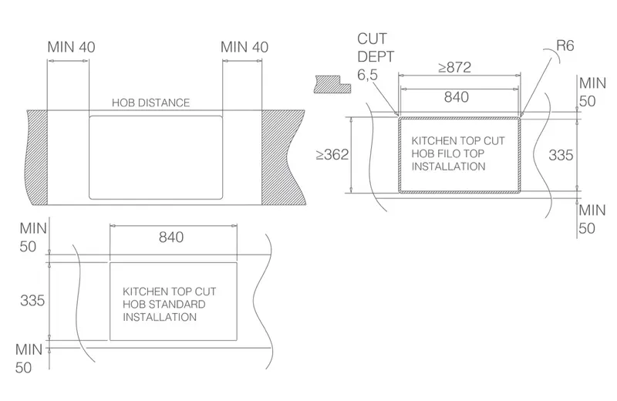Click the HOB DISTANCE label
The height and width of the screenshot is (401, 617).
[150, 103]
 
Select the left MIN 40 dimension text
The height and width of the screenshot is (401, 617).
[71, 47]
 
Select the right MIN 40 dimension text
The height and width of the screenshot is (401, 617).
[244, 47]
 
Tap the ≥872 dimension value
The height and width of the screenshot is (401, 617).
[455, 67]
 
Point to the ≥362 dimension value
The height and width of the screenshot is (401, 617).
[332, 155]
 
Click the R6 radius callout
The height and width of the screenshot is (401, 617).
[565, 45]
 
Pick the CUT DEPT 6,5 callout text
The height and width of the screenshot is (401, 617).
[376, 56]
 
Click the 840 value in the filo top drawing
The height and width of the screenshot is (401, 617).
[457, 97]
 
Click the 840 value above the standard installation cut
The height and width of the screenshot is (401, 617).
[171, 237]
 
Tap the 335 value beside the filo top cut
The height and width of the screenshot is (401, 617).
[561, 155]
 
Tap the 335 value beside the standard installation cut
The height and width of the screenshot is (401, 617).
[32, 301]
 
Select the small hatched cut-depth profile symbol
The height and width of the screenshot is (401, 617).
[332, 84]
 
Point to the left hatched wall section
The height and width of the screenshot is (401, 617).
[36, 157]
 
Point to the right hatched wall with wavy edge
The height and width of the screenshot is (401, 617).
[283, 157]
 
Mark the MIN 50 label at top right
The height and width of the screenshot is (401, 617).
[592, 92]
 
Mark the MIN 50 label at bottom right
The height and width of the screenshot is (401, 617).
[592, 219]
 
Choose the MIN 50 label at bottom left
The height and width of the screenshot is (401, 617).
[29, 359]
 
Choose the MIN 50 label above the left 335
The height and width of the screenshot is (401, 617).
[33, 238]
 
